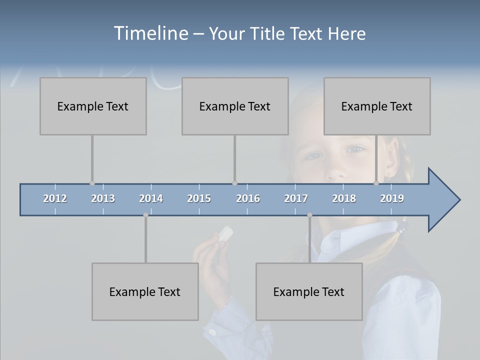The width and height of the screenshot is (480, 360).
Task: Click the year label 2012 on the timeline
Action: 55,198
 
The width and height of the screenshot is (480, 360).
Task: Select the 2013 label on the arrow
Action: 103,198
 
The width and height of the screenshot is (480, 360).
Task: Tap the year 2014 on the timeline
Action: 151,198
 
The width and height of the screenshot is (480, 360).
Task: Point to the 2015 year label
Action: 199,198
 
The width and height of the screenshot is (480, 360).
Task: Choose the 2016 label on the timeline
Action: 248,198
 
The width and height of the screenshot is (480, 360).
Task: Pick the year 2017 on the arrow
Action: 296,198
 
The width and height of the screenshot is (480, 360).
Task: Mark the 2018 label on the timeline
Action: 344,198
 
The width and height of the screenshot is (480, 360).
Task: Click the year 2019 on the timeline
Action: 392,198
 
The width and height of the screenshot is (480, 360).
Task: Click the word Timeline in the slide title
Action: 150,33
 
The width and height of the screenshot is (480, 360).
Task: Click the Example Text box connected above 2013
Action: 93,106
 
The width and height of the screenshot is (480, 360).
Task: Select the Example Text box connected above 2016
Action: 235,106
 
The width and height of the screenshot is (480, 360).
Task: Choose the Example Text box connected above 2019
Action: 377,106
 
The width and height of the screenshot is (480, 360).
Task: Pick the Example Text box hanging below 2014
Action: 145,291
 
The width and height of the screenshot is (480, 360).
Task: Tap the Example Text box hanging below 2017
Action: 309,291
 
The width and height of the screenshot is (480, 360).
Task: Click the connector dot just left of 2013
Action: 92,183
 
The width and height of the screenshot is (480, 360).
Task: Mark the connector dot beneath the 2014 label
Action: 145,215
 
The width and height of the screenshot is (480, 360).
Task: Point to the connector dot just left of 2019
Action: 376,183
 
